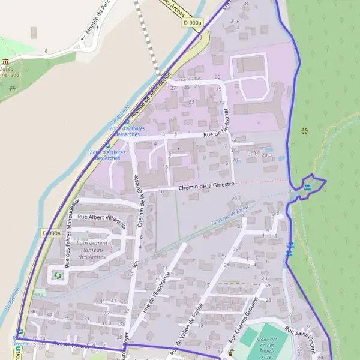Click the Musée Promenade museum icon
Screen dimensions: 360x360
point(6,62)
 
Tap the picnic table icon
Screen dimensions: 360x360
point(13,89)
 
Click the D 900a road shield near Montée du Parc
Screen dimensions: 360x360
point(193,22)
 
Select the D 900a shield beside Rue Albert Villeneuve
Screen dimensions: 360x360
point(52,233)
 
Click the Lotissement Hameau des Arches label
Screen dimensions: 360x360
point(92,250)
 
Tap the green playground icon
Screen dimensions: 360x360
point(57,275)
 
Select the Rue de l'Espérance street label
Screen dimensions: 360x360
point(157,292)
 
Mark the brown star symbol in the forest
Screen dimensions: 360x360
point(304,130)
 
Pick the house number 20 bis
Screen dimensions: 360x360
point(194,79)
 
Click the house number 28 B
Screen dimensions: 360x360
point(266,156)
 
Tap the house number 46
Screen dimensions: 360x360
point(34,311)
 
